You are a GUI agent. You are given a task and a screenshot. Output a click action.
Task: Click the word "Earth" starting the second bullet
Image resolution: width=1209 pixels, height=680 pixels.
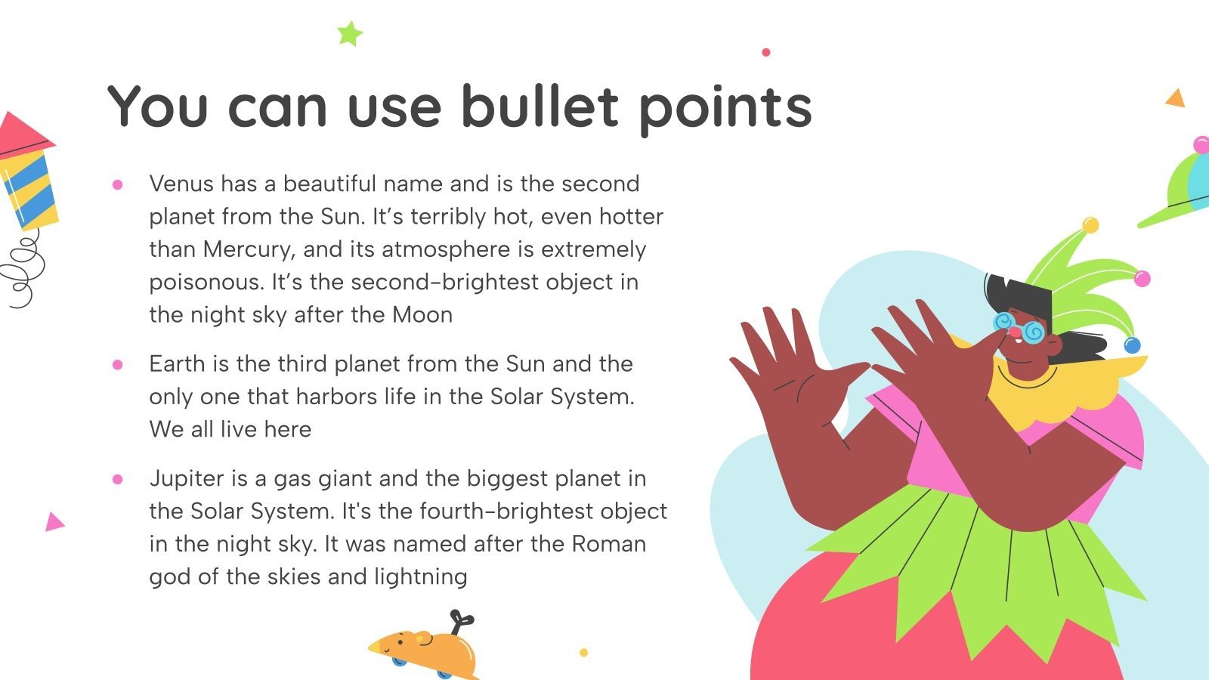[178, 364]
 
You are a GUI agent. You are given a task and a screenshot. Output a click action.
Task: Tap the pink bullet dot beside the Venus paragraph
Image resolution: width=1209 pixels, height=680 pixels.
[118, 184]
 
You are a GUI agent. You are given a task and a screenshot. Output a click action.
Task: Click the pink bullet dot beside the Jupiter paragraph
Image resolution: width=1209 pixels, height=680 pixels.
[118, 479]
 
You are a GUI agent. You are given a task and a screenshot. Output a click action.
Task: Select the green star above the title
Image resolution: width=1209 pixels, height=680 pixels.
[350, 34]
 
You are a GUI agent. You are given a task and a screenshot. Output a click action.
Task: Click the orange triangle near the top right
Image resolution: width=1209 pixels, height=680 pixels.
[1175, 98]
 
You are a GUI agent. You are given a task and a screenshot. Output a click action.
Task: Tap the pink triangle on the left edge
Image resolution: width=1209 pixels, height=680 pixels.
[53, 522]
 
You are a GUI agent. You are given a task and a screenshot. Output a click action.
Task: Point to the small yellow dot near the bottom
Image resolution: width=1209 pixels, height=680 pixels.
[583, 652]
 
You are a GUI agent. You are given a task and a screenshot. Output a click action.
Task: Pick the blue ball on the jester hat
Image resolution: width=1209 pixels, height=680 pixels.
[1131, 346]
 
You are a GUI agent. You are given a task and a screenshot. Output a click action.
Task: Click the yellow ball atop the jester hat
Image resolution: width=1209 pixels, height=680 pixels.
[1090, 224]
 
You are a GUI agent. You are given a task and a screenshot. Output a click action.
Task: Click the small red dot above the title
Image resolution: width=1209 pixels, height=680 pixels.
[766, 52]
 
